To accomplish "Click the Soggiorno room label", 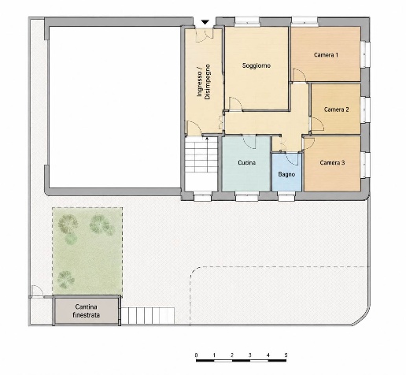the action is [257, 65].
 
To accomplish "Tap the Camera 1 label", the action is [326, 55].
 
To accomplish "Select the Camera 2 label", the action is [337, 110].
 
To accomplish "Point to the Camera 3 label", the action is [332, 162].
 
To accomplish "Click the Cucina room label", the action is [247, 162].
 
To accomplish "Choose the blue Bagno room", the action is [286, 172].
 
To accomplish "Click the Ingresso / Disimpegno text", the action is [204, 82].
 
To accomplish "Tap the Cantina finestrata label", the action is [86, 310].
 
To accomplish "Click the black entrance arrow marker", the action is [205, 22].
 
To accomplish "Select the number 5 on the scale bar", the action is [286, 355].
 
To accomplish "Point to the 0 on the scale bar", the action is [196, 355].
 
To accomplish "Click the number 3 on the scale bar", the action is [250, 355].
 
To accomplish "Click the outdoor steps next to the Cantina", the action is [148, 316].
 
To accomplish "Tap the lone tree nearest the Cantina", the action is [66, 280].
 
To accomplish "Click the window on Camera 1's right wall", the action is [365, 54].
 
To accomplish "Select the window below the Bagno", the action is [287, 196].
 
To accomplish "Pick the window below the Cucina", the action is [247, 196].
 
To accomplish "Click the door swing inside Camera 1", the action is [299, 75].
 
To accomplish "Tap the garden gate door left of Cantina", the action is [37, 291].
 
